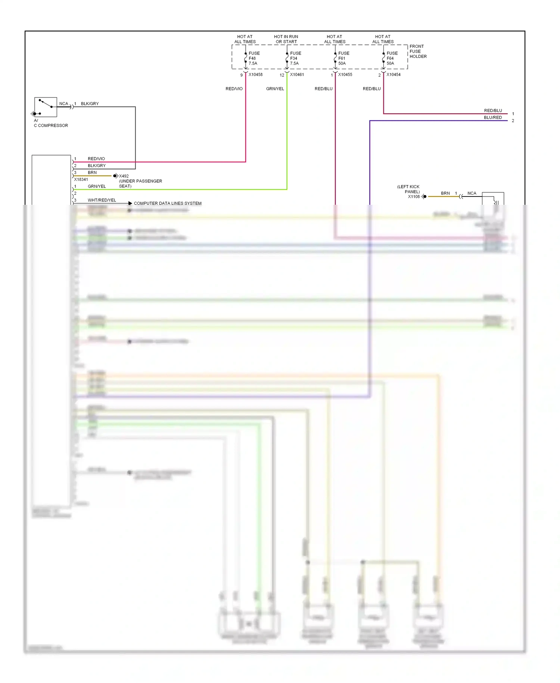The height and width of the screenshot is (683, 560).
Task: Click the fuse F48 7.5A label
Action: pos(254,58)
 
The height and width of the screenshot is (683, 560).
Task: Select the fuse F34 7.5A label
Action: pos(295,58)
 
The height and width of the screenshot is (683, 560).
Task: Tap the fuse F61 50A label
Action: pos(343,58)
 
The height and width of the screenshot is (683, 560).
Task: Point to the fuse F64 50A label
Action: pos(392,58)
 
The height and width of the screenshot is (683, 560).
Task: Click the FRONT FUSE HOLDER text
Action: pos(418,52)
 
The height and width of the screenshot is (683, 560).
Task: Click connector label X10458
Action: pos(255,75)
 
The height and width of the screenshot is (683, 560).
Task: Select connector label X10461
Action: pos(297,75)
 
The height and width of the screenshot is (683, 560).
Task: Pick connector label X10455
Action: pos(345,75)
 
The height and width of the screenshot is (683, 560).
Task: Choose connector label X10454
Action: pos(393,75)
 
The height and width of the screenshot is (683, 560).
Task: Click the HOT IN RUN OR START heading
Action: pos(286,39)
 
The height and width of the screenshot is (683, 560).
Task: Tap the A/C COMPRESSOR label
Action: pos(51,123)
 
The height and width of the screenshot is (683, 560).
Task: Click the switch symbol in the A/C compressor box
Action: pos(45,103)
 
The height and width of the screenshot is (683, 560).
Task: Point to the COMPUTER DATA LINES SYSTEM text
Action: pos(168,203)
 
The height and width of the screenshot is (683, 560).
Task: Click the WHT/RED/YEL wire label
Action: pos(102,200)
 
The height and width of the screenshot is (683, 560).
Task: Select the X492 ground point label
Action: pos(124,176)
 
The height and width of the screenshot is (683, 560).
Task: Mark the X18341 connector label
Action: pos(81,179)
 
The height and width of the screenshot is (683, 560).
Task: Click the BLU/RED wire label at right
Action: pos(492,117)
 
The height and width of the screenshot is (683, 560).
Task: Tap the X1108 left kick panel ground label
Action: pos(413,197)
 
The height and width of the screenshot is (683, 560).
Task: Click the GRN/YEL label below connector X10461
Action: pos(275,89)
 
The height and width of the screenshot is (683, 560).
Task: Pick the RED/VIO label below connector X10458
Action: pos(234,89)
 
